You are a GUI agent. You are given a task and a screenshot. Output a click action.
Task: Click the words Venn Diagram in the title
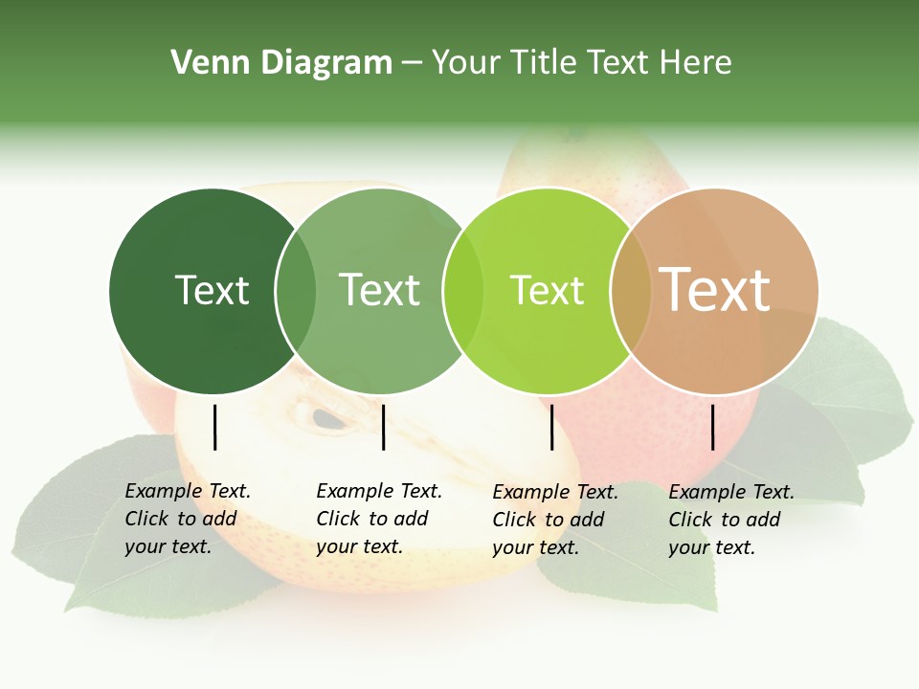[281, 63]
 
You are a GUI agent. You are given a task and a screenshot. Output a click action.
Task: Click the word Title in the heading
[549, 63]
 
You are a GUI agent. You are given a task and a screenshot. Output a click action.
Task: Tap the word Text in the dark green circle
[212, 290]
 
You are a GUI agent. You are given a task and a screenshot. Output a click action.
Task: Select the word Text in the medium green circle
[380, 290]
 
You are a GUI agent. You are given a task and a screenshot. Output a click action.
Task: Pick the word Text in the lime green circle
[547, 290]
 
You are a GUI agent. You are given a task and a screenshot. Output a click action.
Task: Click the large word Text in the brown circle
[715, 289]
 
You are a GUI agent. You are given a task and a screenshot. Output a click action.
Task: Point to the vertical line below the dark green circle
[214, 427]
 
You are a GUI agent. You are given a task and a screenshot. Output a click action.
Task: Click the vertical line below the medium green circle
[383, 427]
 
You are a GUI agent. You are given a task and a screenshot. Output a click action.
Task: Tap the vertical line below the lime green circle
[551, 427]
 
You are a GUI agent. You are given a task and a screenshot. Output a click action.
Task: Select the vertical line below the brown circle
[712, 427]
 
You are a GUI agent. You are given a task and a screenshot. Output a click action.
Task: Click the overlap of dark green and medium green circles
[296, 291]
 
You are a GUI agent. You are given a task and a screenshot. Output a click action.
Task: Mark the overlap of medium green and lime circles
[463, 291]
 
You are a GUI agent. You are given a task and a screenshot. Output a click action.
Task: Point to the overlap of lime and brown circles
[630, 291]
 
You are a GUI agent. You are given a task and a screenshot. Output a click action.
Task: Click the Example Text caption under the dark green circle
[188, 519]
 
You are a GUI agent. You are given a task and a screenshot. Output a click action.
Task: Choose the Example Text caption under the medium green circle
[379, 519]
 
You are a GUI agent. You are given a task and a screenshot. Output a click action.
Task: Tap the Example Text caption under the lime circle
[555, 520]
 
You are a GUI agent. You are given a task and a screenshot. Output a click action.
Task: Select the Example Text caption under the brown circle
[731, 520]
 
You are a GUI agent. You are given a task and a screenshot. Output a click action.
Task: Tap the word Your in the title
[466, 63]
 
